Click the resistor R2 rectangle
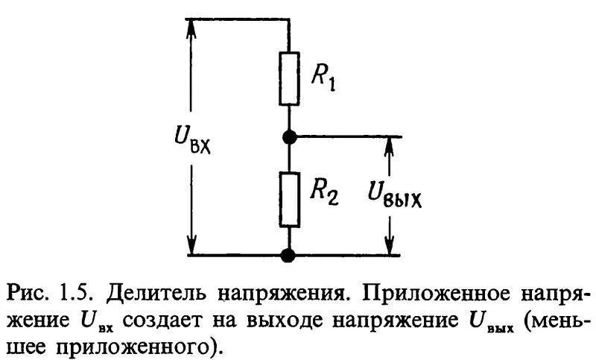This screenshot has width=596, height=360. pos(289,199)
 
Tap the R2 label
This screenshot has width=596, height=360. pos(323,195)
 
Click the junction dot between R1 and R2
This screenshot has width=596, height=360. pos(289,136)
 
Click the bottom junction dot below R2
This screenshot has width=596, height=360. pos(289,256)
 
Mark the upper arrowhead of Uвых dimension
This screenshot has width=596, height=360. pos(388,145)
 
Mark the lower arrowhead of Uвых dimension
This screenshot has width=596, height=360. pos(388,247)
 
